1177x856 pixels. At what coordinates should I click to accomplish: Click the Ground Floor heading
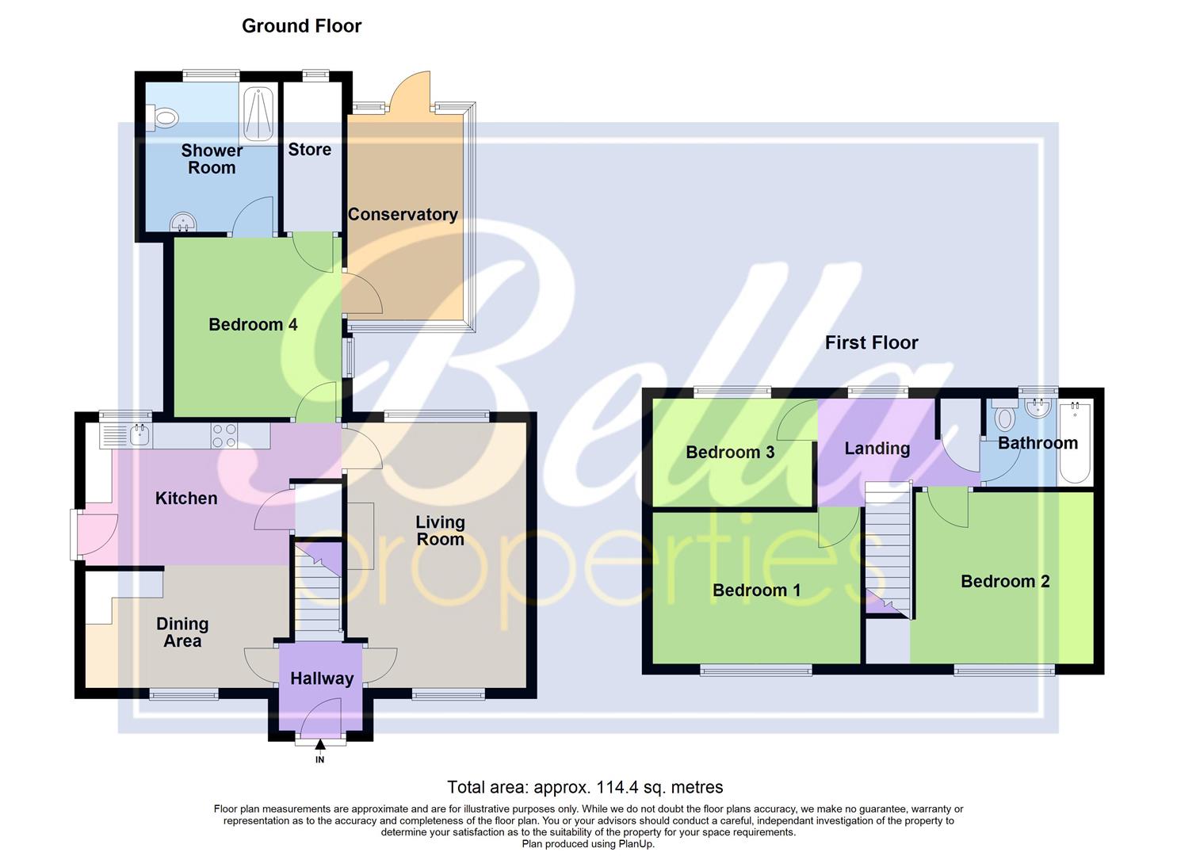tap(301, 26)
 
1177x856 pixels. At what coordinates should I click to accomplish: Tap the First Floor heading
tap(871, 342)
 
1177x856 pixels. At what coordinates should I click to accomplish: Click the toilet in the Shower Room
tap(163, 120)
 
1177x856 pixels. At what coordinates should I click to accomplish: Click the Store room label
tap(309, 150)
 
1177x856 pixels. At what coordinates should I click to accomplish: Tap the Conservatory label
tap(403, 215)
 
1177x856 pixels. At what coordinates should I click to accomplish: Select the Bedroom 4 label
tap(253, 325)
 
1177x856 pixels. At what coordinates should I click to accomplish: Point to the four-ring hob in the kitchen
tap(224, 435)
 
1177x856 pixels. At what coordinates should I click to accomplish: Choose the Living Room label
tap(440, 530)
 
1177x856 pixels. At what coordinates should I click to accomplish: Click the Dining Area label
tap(182, 632)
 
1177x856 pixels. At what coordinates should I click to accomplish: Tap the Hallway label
tap(321, 678)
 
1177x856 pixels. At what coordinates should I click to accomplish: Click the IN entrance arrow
tap(320, 746)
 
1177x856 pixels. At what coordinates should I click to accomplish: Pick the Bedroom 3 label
tap(730, 453)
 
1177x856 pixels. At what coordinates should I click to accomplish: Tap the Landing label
tap(877, 449)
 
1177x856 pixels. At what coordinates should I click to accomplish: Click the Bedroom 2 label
tap(1005, 582)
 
